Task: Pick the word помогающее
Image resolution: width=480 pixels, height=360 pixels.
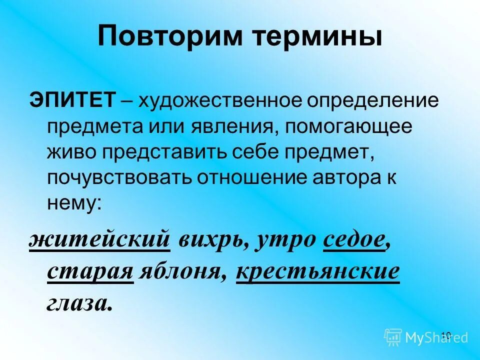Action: (x=349, y=127)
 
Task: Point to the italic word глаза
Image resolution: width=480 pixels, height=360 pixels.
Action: (x=78, y=302)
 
